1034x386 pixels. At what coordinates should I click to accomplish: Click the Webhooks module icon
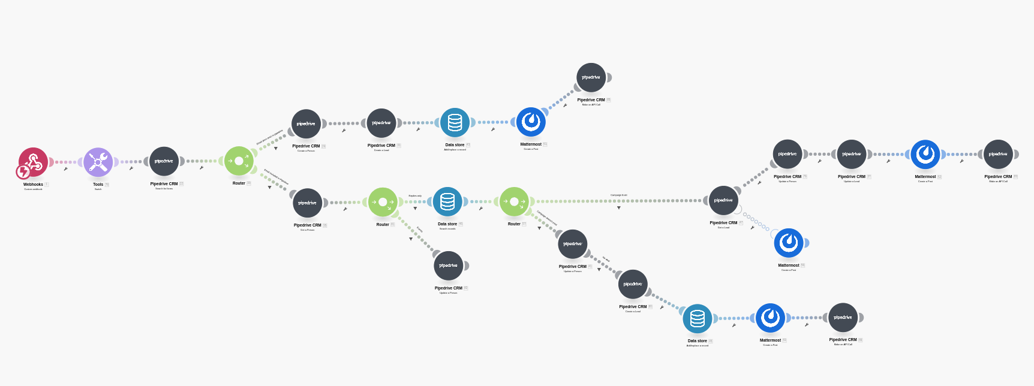coord(33,162)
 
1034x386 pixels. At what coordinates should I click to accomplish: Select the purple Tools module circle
coord(98,162)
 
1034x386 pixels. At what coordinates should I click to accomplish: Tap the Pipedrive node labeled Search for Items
coord(164,161)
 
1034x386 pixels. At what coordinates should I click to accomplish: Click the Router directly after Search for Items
coord(239,161)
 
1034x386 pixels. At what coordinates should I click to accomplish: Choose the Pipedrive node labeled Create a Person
coord(306,124)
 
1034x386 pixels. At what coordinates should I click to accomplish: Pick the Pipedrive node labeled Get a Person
coord(307,203)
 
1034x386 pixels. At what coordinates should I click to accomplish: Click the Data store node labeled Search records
coord(447,202)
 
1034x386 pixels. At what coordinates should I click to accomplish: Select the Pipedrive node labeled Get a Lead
coord(723,201)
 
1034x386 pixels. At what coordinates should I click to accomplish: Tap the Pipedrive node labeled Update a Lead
coord(851,155)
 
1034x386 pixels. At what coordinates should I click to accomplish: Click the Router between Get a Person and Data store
coord(383,202)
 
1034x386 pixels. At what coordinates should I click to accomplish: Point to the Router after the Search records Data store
coord(514,201)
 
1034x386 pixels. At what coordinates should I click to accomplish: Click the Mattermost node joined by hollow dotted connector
coord(788,243)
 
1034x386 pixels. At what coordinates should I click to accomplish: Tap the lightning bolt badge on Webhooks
coord(23,173)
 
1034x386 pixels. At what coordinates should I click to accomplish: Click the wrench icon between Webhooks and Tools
coord(66,169)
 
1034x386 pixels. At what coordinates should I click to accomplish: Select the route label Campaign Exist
coord(618,195)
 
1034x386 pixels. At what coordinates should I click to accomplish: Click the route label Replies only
coord(415,195)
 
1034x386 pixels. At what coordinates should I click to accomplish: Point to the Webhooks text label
coord(33,185)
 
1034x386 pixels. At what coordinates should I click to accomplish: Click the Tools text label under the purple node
coord(98,185)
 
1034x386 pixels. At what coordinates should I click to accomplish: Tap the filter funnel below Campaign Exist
coord(619,208)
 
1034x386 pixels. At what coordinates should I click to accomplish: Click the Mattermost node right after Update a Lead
coord(925,155)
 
